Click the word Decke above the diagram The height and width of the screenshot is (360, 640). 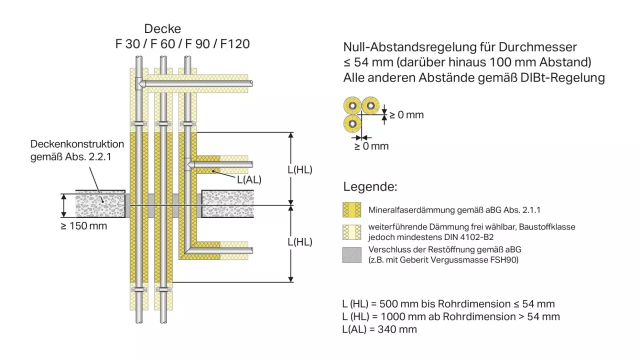click(162, 29)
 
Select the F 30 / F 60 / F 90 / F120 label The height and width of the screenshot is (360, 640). click(182, 44)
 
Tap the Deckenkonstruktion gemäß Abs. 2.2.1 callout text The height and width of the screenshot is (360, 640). click(77, 150)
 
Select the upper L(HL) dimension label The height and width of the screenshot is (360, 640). click(300, 169)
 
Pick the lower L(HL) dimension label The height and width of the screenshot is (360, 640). click(300, 241)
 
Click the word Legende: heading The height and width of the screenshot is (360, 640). click(370, 187)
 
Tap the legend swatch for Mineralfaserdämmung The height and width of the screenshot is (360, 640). click(352, 209)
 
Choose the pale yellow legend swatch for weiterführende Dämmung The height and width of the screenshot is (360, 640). click(352, 231)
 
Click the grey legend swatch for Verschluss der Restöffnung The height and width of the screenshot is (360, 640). click(352, 254)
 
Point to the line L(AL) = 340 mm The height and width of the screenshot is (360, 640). click(379, 329)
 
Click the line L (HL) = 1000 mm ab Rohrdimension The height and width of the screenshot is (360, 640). click(451, 316)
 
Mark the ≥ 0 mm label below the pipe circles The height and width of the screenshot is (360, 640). click(371, 146)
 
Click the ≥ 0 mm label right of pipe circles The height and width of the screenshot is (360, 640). click(406, 115)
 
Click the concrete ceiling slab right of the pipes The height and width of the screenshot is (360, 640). click(227, 204)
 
